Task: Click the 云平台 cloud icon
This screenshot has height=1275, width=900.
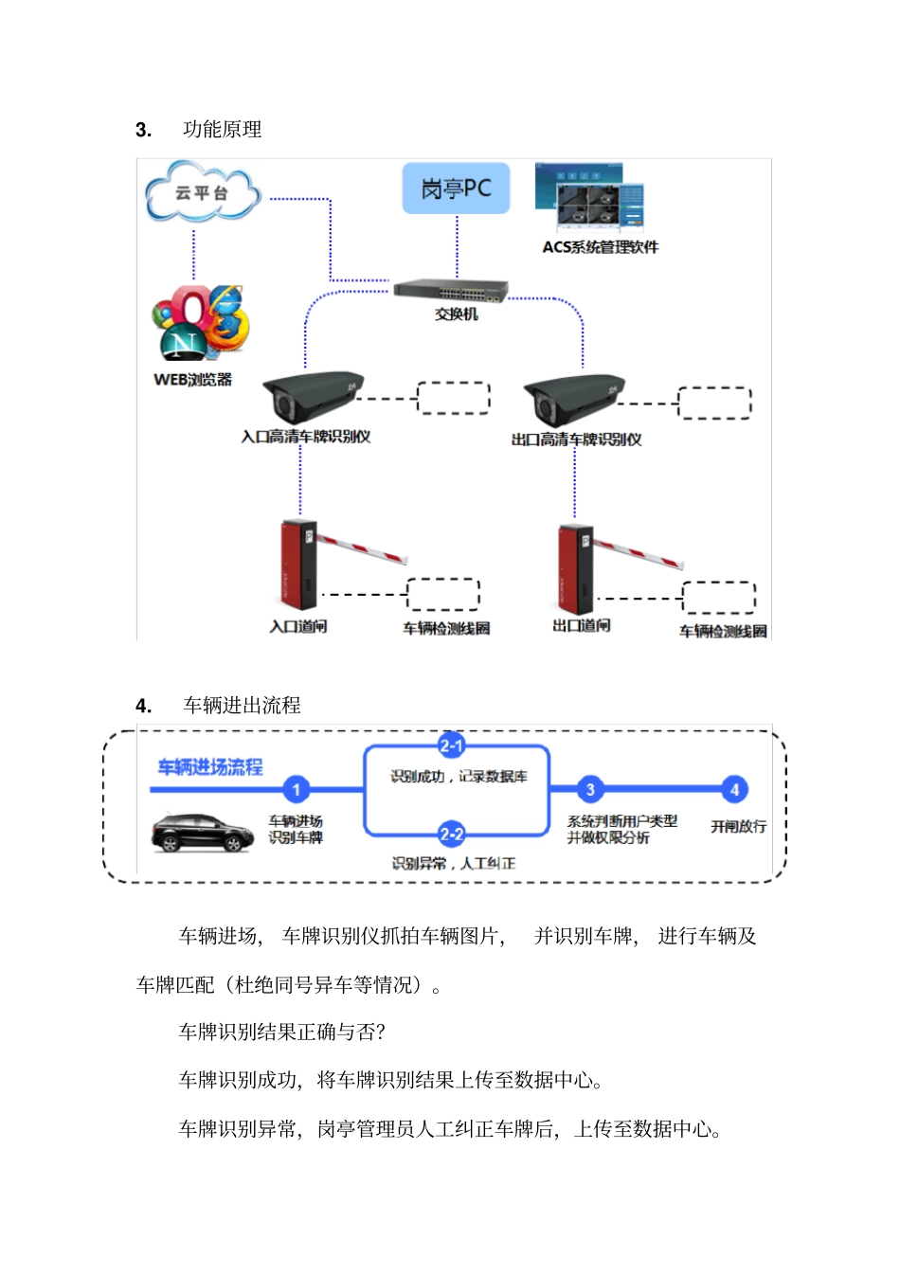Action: (x=202, y=192)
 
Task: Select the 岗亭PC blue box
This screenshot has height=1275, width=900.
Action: (x=456, y=188)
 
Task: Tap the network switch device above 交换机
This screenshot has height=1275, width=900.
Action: (x=452, y=290)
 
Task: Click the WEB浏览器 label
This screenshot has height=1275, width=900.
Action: (x=192, y=379)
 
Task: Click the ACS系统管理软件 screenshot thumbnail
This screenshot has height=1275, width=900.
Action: (x=589, y=198)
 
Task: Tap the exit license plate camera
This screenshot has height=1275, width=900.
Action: (x=571, y=399)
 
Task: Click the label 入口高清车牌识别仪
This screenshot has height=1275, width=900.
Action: (x=305, y=437)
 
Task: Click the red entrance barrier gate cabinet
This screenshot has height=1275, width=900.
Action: (x=298, y=564)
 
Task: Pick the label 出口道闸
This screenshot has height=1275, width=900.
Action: (x=581, y=625)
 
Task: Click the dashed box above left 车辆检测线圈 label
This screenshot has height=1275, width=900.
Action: (x=442, y=594)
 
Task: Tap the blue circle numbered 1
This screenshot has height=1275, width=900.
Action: (x=296, y=789)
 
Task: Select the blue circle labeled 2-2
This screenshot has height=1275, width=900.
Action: (x=451, y=835)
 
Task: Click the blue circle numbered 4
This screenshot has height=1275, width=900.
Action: (x=734, y=789)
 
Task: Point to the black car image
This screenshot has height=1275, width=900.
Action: (x=202, y=832)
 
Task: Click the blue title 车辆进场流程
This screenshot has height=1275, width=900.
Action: (x=210, y=766)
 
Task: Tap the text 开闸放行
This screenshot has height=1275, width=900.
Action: (x=738, y=826)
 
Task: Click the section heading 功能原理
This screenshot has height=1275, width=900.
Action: (x=222, y=129)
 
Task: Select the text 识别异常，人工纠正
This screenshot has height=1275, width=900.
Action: (x=454, y=863)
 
